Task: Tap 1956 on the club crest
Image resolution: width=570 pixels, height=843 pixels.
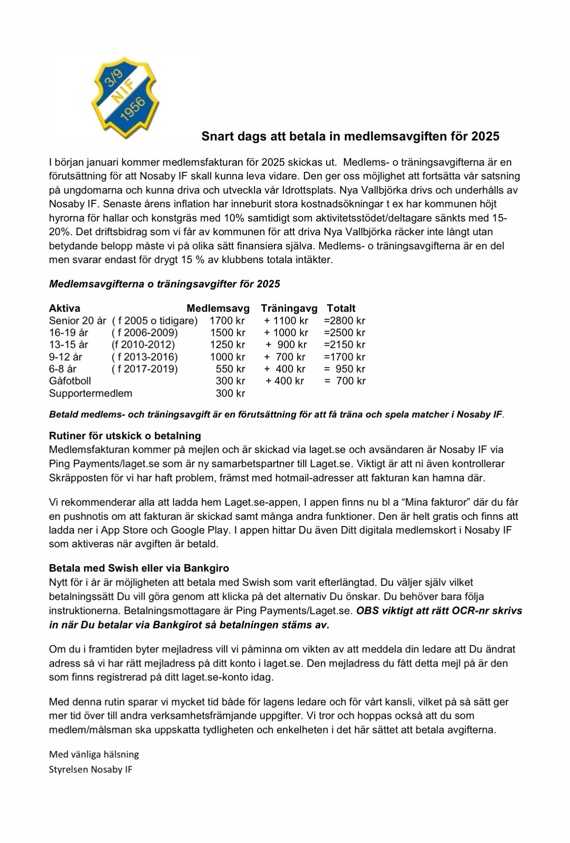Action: tap(133, 108)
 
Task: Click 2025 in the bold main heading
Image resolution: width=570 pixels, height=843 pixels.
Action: tap(485, 136)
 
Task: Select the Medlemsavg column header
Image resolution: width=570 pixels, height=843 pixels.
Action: tap(218, 308)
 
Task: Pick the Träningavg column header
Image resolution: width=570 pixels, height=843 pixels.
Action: tap(289, 308)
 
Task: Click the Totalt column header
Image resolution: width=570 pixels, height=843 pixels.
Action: tap(341, 308)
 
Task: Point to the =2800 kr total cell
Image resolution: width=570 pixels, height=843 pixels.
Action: tap(344, 320)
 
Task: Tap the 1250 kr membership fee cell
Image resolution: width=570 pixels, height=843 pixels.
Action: tap(227, 344)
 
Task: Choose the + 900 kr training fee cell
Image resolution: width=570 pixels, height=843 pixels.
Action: tap(286, 344)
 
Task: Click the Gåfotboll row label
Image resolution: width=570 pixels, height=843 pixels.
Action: tap(70, 381)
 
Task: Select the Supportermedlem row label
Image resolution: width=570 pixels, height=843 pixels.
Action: tap(91, 393)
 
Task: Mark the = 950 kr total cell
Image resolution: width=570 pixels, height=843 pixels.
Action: tap(345, 369)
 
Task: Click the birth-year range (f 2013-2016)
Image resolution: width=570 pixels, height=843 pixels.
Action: tap(144, 357)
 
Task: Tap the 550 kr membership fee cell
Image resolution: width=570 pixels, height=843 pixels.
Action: tap(230, 369)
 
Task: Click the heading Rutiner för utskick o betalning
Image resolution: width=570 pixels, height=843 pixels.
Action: tap(125, 435)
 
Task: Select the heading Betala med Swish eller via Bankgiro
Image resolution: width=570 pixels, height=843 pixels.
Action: tap(139, 568)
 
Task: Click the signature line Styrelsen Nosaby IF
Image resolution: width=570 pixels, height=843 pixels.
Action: tap(91, 769)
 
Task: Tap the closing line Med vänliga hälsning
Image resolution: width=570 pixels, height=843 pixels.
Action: tap(94, 754)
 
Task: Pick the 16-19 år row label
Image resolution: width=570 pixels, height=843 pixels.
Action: tap(68, 332)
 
